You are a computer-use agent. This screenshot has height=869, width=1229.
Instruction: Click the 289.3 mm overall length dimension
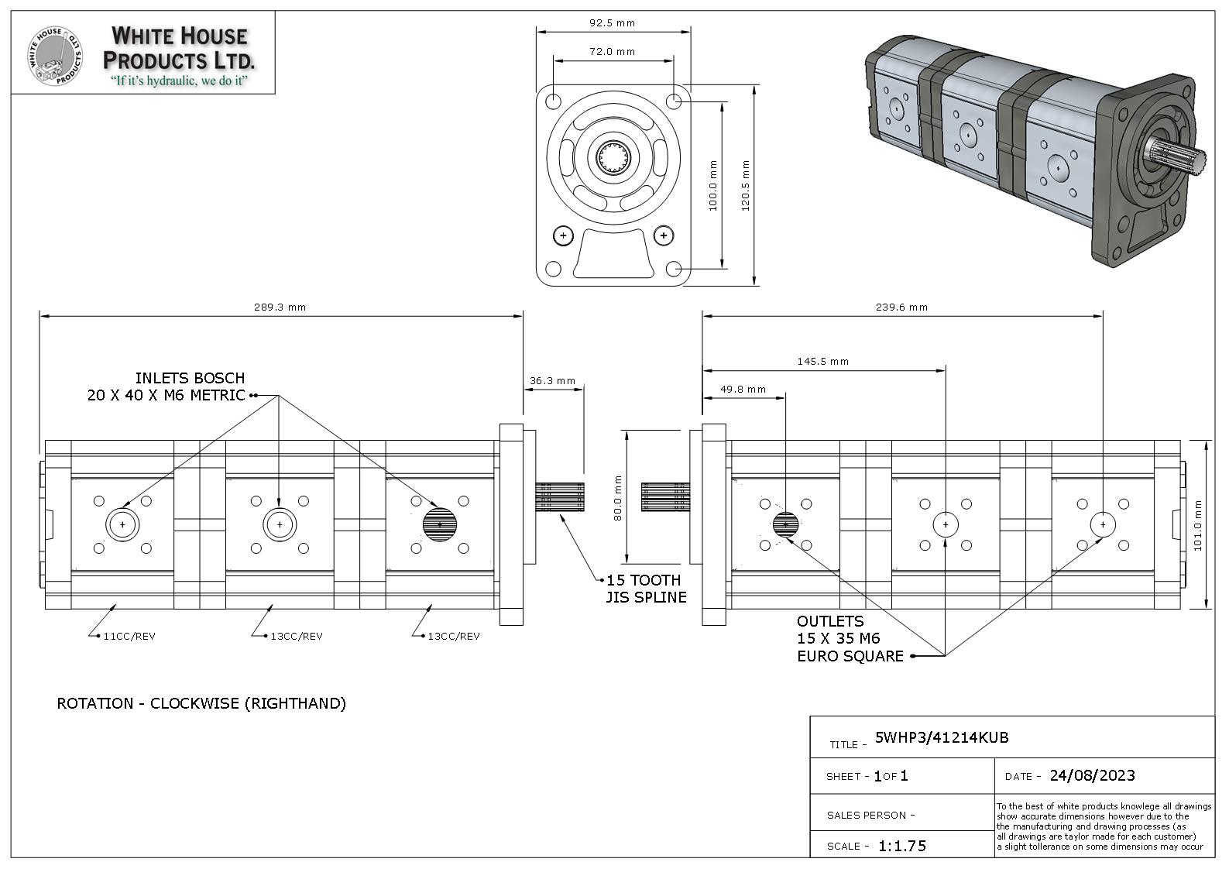tap(280, 307)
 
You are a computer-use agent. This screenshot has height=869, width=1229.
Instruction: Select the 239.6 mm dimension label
tap(901, 307)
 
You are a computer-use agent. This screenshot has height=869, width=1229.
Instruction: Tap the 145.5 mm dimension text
tap(822, 362)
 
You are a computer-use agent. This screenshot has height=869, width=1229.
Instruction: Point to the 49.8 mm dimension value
tap(743, 390)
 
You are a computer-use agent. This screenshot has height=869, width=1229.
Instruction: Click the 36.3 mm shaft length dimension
tap(552, 381)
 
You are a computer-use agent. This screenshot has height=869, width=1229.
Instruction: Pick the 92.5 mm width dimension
tap(612, 23)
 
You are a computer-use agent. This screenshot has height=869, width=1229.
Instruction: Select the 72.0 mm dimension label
tap(612, 52)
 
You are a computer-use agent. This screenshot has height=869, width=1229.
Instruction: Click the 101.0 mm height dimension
tap(1197, 525)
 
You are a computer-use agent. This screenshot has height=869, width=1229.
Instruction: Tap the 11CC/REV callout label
tap(129, 637)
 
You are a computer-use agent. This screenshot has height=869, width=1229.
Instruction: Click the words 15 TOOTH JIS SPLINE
tap(646, 589)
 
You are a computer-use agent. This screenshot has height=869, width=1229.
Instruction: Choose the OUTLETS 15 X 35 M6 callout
tap(850, 639)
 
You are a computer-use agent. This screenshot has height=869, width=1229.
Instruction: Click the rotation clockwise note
tap(201, 704)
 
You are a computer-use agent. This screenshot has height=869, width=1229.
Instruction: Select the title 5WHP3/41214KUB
tap(942, 738)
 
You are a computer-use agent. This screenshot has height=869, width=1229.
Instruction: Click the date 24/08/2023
tap(1092, 776)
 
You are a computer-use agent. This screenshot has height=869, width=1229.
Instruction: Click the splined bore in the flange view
tap(613, 157)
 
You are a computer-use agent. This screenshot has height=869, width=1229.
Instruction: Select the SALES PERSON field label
tap(870, 816)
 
